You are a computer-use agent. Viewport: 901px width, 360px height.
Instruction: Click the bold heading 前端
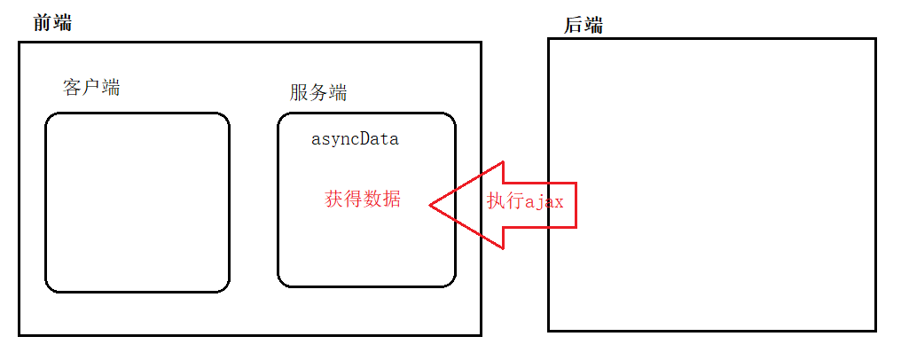(x=52, y=23)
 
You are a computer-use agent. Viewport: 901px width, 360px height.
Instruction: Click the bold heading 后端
(x=583, y=25)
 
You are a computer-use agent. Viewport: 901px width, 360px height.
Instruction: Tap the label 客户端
(x=91, y=88)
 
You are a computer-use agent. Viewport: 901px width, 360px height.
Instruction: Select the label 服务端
(x=317, y=92)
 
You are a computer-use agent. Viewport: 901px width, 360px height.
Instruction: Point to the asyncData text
(x=355, y=139)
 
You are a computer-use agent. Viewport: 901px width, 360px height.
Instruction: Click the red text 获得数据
(x=363, y=200)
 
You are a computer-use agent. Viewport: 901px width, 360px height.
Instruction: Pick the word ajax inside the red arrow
(x=545, y=201)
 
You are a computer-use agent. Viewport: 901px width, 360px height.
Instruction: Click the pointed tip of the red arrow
(x=432, y=205)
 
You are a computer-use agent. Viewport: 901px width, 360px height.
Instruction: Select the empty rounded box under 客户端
(x=137, y=202)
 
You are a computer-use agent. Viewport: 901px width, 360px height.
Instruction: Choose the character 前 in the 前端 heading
(x=43, y=23)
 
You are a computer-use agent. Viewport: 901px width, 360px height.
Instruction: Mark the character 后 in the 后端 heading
(x=573, y=25)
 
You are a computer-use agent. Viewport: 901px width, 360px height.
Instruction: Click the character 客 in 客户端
(x=72, y=88)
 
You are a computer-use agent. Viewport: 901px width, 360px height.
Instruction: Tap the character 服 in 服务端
(x=299, y=92)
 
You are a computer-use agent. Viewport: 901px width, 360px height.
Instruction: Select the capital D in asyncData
(x=368, y=139)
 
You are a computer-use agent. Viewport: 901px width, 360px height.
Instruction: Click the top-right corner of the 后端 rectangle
(x=875, y=39)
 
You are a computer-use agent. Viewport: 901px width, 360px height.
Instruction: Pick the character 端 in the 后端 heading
(x=593, y=25)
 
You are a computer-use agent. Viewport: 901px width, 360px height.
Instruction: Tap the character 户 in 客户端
(x=91, y=88)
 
